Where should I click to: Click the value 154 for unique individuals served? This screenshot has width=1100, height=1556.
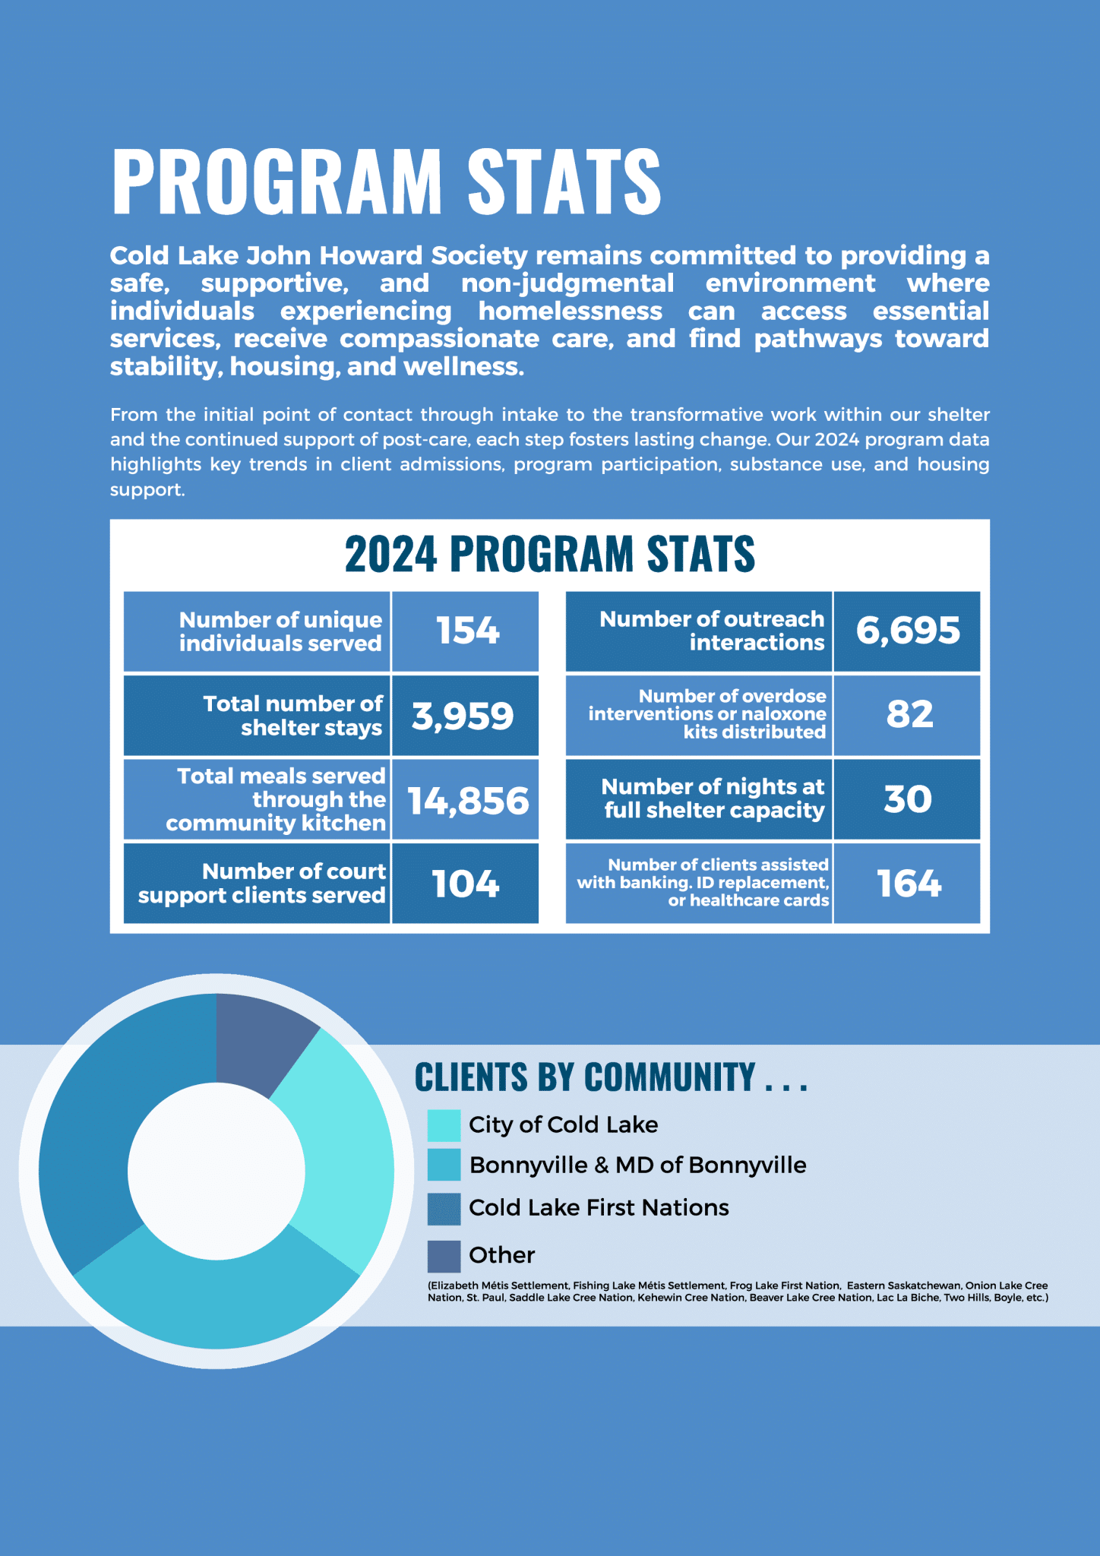tap(467, 631)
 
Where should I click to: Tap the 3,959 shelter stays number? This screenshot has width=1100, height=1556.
tap(463, 716)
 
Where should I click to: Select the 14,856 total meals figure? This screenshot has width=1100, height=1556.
tap(468, 801)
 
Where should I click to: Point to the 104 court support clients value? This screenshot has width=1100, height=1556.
tap(466, 884)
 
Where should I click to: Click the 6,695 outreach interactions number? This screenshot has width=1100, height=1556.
tap(908, 631)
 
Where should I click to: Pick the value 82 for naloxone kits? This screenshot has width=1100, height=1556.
tap(909, 714)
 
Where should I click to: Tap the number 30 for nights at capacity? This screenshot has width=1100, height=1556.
tap(908, 799)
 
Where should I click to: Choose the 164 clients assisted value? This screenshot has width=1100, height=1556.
tap(909, 884)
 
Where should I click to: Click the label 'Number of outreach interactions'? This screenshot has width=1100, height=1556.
tap(711, 631)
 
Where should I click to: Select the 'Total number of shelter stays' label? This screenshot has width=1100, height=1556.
tap(292, 716)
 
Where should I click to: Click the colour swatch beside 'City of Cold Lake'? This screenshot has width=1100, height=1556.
tap(444, 1125)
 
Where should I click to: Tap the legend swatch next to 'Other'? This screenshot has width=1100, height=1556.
tap(444, 1256)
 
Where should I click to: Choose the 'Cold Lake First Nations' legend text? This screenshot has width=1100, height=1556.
tap(599, 1207)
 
